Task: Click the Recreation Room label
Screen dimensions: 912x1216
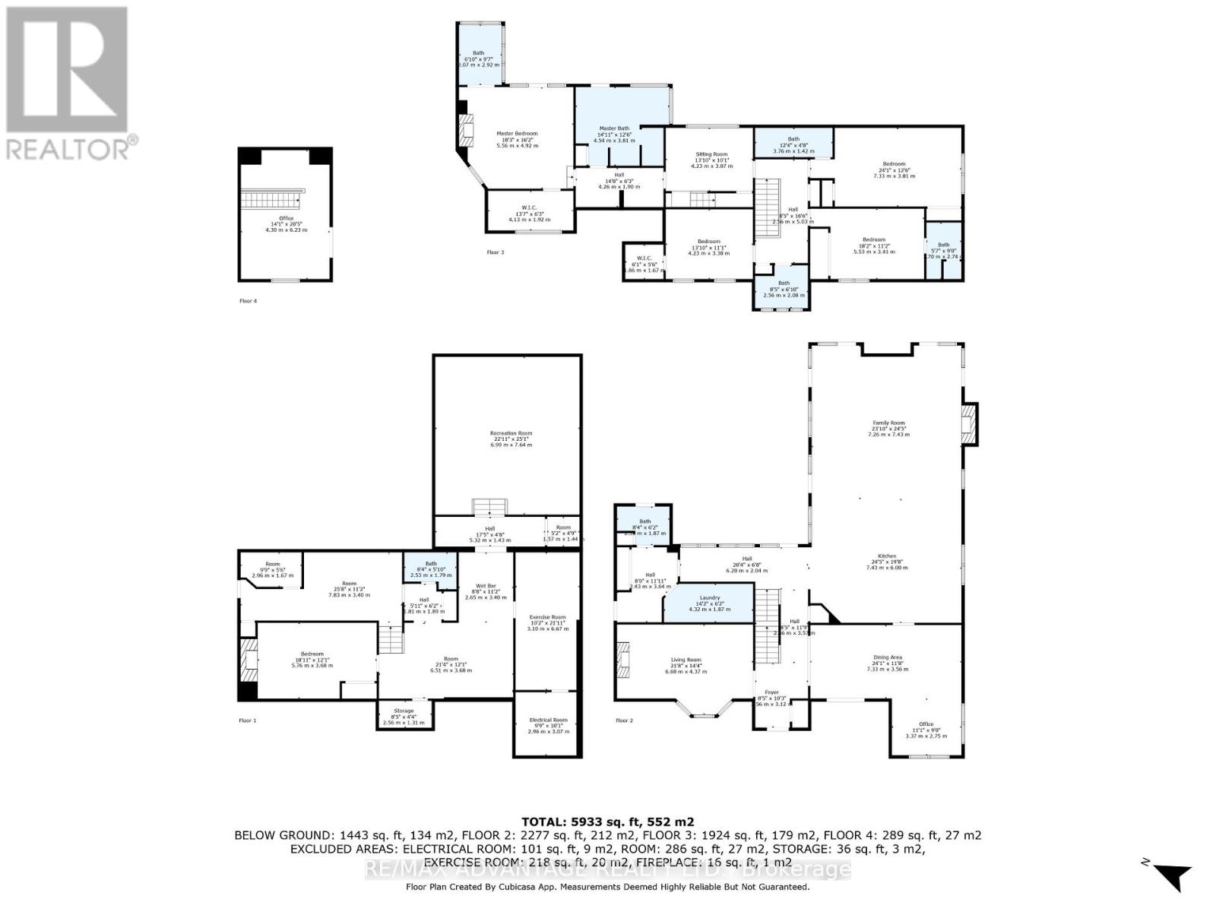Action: [x=511, y=433]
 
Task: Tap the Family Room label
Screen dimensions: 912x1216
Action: [x=888, y=423]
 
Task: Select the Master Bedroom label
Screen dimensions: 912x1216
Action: [x=517, y=134]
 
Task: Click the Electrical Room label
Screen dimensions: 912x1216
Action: [x=548, y=720]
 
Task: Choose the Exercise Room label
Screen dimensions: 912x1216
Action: [x=548, y=617]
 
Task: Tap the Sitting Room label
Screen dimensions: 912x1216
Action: [x=711, y=154]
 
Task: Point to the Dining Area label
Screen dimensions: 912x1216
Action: [x=888, y=657]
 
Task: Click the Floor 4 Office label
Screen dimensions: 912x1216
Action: [x=286, y=219]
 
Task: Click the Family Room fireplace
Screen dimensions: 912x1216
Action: [x=969, y=424]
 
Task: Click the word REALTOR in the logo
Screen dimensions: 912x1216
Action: [x=67, y=147]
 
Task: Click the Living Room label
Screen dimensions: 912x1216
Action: [x=685, y=660]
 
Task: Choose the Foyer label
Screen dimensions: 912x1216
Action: [x=771, y=699]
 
